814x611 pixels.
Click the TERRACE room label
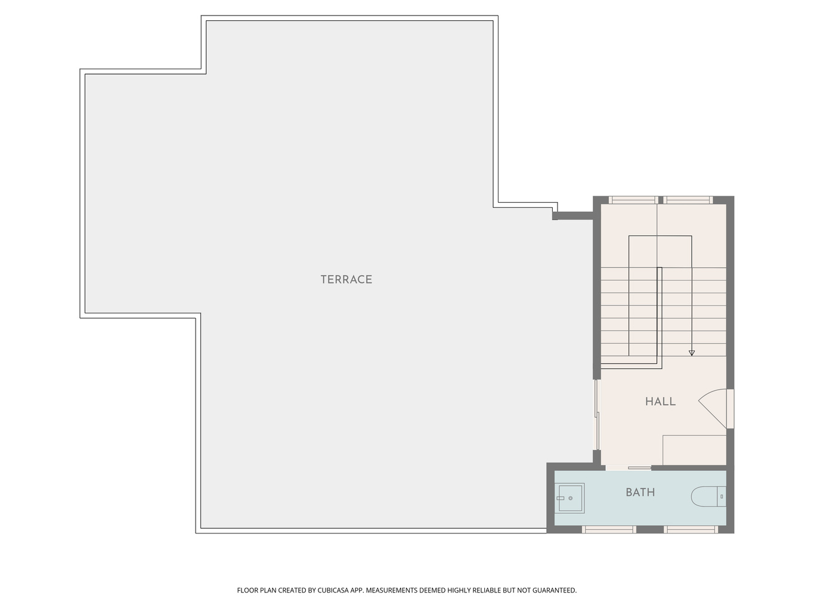click(x=346, y=279)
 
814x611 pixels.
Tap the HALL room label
click(x=660, y=402)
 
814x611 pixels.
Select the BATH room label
click(x=640, y=492)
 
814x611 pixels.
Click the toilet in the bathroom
click(x=708, y=496)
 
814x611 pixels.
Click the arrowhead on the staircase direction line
click(x=692, y=353)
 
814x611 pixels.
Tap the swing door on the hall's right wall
click(x=716, y=409)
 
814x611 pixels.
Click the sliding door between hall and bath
click(x=628, y=468)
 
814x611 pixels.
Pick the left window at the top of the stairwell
click(x=633, y=200)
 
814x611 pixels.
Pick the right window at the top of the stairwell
click(x=688, y=200)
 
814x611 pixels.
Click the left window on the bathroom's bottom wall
click(x=609, y=529)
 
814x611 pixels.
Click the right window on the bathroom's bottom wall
click(x=691, y=529)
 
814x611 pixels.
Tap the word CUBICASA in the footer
click(x=333, y=590)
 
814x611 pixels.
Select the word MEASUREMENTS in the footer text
click(x=392, y=590)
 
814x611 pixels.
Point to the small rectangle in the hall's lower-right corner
click(x=694, y=450)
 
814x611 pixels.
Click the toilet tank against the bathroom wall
click(x=722, y=496)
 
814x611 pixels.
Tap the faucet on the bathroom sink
click(x=561, y=498)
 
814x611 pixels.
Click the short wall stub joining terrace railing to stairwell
click(x=573, y=215)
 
